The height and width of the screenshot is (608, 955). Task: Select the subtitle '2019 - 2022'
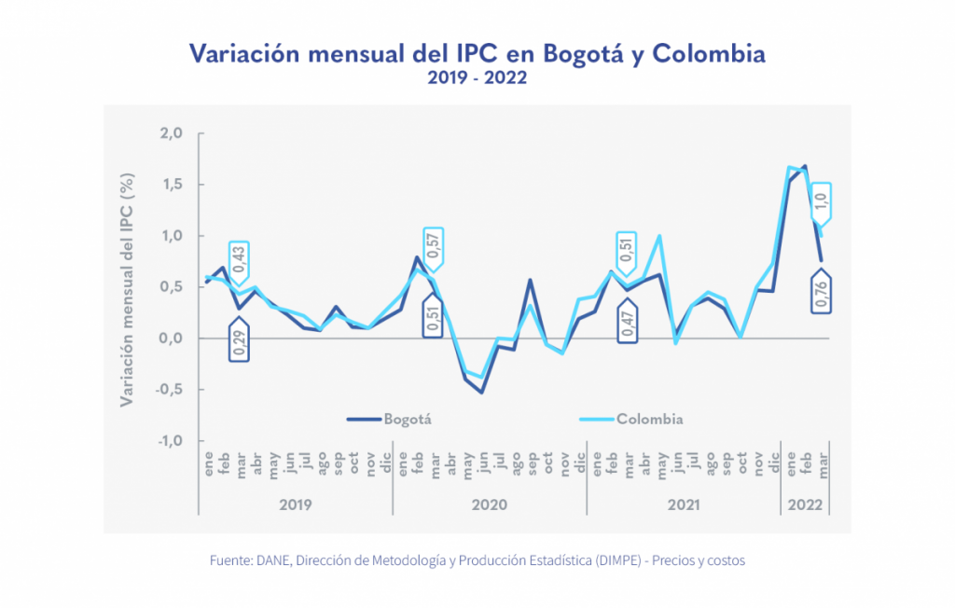coord(477,78)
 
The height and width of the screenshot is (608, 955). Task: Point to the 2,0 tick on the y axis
coord(171,133)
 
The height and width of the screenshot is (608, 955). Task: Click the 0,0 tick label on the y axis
coord(171,339)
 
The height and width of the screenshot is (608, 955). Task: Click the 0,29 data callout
coord(239,342)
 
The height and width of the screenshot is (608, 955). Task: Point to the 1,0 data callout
coord(821,200)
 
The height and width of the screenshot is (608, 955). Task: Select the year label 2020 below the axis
coord(489,504)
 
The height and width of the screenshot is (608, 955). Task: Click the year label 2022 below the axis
coord(805,504)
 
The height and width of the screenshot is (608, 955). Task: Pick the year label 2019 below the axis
coord(295,504)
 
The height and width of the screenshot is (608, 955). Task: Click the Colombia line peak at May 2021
coord(660,236)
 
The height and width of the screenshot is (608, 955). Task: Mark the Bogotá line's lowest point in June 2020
coord(482,392)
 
